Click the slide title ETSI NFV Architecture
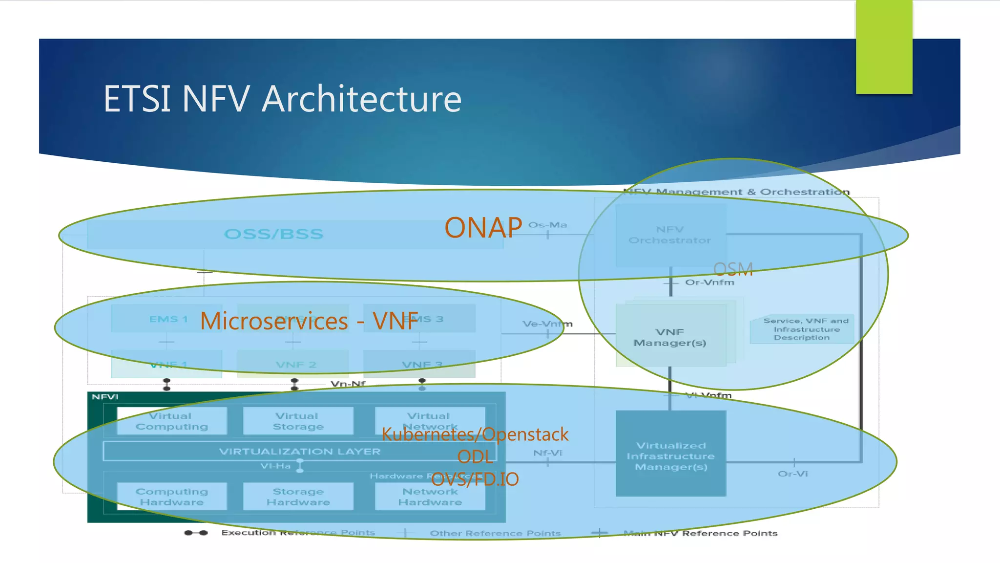point(282,99)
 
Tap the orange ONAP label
point(483,228)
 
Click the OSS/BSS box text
point(273,234)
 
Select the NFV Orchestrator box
point(670,235)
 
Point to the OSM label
point(733,269)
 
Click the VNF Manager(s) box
point(670,337)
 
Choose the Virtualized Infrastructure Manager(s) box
point(670,456)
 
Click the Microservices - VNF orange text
point(309,321)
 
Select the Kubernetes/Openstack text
point(475,434)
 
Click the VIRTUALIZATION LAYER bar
point(299,452)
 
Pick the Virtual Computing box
point(171,421)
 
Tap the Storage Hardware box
point(298,497)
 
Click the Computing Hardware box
point(171,497)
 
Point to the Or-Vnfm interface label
point(709,282)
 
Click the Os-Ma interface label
point(547,225)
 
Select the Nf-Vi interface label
point(547,453)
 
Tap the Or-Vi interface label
point(792,474)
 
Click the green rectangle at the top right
point(884,47)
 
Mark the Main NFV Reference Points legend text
point(700,533)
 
